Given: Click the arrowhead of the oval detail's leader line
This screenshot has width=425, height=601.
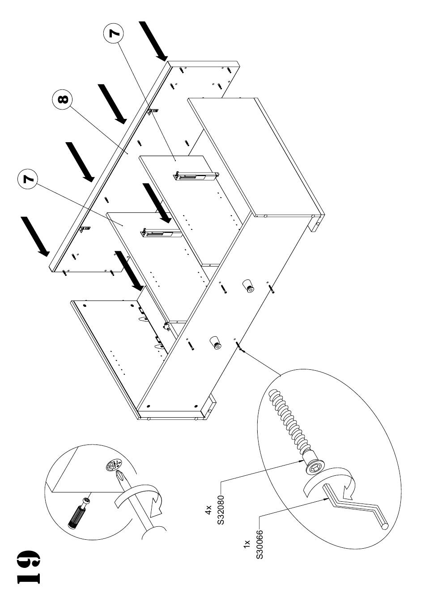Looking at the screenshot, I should tap(245, 351).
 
